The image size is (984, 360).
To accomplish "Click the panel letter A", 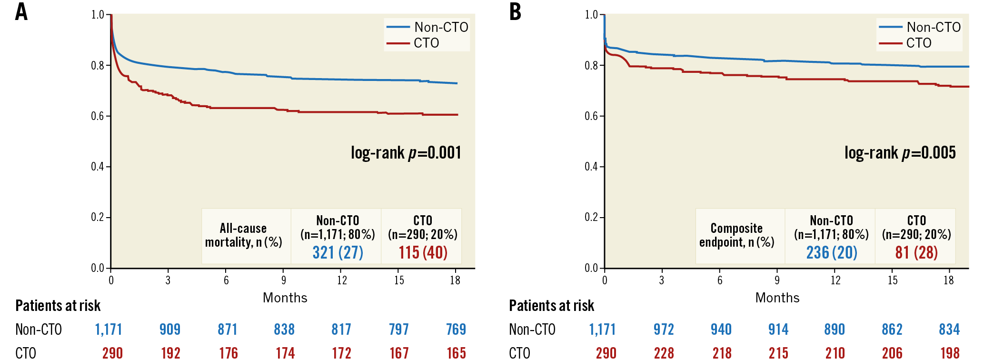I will click(21, 12).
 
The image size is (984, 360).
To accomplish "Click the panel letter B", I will click(515, 12).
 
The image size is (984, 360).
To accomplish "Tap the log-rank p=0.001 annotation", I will click(406, 153).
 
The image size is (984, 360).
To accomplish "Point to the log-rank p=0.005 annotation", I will click(900, 153).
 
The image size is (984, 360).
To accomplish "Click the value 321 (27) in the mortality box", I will click(338, 252).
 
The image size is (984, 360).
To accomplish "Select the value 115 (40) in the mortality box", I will click(423, 252).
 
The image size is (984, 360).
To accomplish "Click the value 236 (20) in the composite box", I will click(831, 252).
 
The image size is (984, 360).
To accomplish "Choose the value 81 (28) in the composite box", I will click(916, 252).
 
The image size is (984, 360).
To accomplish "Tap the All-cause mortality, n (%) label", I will click(243, 235).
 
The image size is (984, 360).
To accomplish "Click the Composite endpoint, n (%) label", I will click(736, 235).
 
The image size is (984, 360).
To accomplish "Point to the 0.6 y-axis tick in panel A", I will click(98, 116).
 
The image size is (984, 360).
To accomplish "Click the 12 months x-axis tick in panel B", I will click(835, 280).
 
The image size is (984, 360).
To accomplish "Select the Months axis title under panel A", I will click(285, 298).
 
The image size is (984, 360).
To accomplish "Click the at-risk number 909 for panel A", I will click(170, 330).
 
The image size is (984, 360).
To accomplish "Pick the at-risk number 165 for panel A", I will click(456, 353).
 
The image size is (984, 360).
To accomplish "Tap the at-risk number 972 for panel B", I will click(664, 330).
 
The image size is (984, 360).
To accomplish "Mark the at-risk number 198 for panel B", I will click(950, 353).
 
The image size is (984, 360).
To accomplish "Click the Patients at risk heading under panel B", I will click(551, 306).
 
